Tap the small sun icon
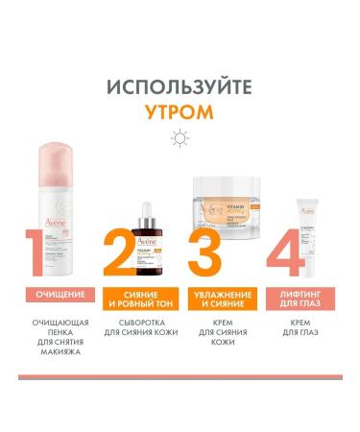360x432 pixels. (x=180, y=137)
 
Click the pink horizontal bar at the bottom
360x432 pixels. (x=180, y=377)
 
